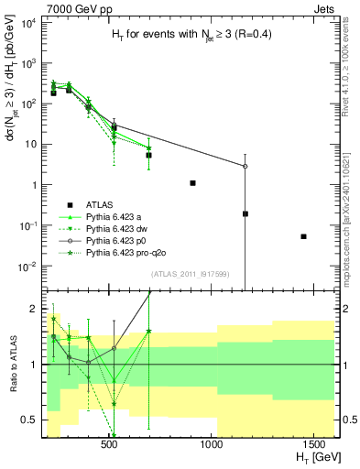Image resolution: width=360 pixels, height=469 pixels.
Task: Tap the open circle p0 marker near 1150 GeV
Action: coord(245,167)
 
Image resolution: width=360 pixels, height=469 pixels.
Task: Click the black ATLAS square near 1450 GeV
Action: coord(303,236)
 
